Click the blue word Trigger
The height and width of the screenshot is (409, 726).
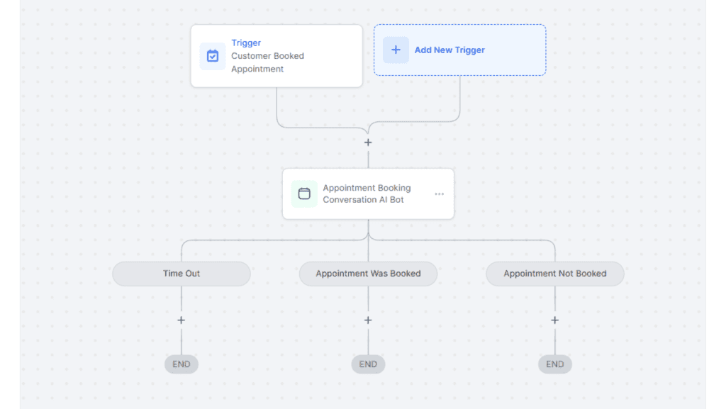[x=246, y=43]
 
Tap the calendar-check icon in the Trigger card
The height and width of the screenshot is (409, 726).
[x=213, y=56]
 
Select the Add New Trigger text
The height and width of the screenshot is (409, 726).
[x=449, y=50]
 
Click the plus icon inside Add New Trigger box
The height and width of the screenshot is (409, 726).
[x=396, y=50]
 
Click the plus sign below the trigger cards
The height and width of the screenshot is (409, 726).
[x=368, y=142]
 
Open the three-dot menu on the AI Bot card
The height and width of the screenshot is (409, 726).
[x=439, y=194]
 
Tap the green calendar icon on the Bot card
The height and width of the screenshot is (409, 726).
[x=304, y=194]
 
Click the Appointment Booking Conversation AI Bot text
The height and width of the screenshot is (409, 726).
[x=367, y=194]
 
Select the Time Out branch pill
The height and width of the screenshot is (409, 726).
[x=181, y=274]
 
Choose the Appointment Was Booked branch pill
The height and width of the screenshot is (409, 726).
[x=368, y=274]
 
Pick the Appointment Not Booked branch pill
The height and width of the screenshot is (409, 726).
[x=554, y=274]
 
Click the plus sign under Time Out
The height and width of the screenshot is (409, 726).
[x=181, y=320]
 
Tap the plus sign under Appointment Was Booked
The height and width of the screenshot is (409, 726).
[x=368, y=320]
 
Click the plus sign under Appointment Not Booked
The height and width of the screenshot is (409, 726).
[x=554, y=320]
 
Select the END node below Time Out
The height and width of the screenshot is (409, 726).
[x=181, y=364]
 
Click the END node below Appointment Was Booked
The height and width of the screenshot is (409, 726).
[x=368, y=364]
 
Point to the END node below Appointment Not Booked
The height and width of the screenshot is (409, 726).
[x=554, y=364]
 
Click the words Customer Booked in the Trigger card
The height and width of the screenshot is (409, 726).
[x=267, y=56]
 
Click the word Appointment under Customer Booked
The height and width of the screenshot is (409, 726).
[x=257, y=69]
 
